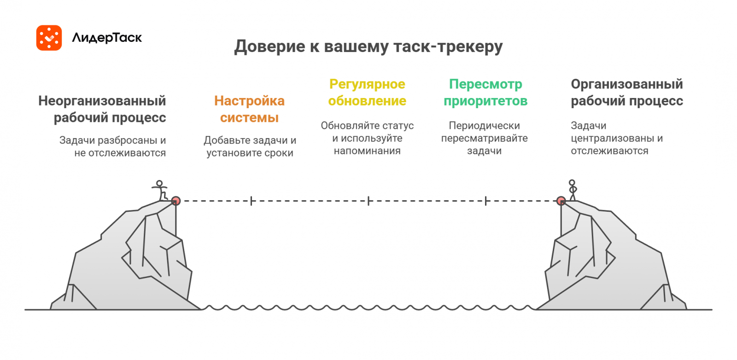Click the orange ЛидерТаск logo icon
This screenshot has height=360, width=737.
click(x=49, y=38)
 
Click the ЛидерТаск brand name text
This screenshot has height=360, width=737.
click(x=107, y=38)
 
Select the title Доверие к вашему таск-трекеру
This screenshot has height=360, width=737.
click(x=368, y=46)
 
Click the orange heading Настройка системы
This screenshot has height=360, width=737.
click(x=249, y=109)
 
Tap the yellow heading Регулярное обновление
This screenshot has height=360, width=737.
click(x=367, y=92)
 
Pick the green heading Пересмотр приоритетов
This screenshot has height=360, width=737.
click(x=485, y=92)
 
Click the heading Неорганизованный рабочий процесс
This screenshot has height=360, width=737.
click(x=102, y=109)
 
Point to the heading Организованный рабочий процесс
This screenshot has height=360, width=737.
click(x=626, y=92)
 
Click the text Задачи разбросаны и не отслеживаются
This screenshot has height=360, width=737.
click(x=113, y=146)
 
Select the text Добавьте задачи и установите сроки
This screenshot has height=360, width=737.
click(x=250, y=146)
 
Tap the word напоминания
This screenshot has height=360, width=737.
click(x=367, y=151)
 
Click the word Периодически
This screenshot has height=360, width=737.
click(x=484, y=126)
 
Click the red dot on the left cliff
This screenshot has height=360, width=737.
click(x=175, y=201)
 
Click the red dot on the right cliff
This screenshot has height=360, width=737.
click(x=561, y=201)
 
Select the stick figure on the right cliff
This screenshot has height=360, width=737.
click(x=572, y=190)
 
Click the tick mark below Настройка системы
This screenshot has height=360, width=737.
click(x=251, y=201)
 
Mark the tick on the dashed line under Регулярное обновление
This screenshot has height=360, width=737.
click(x=368, y=201)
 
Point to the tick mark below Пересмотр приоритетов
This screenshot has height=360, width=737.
click(x=485, y=201)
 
